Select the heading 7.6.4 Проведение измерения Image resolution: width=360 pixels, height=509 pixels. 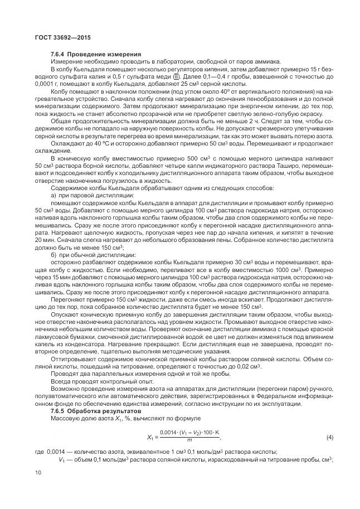pos(86,54)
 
